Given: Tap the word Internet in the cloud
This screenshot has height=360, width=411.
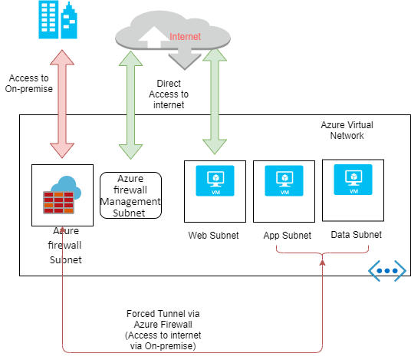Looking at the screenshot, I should [186, 36].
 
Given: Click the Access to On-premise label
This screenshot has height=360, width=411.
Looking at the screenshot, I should [29, 84].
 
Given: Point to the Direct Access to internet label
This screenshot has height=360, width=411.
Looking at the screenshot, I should [169, 93].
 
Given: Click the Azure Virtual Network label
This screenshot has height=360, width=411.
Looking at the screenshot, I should [342, 130].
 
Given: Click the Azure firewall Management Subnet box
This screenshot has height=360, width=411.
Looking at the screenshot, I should [130, 196].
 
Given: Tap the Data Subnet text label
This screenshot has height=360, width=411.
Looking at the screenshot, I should [356, 234].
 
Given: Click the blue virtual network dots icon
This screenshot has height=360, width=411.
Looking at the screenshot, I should [386, 270].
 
